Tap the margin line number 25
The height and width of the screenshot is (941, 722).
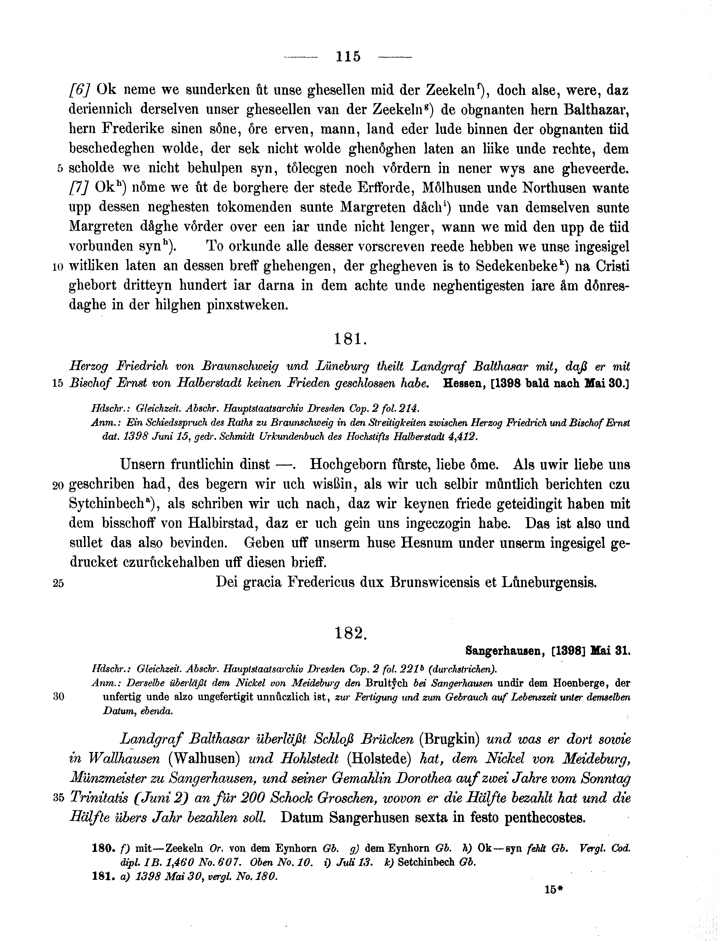(58, 583)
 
